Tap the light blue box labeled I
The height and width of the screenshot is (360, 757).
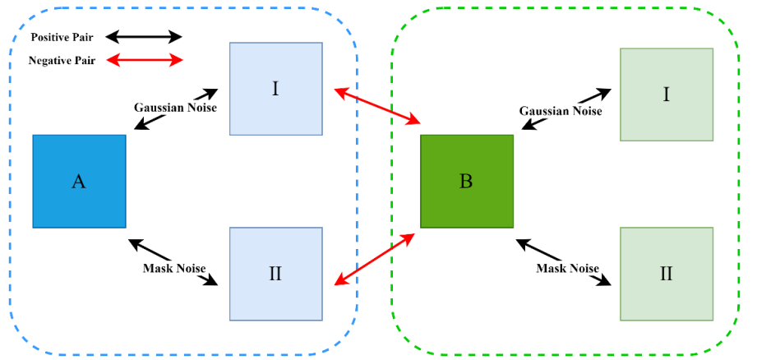click(275, 89)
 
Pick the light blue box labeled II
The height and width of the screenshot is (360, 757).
click(275, 273)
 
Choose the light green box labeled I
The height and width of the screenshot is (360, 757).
click(666, 95)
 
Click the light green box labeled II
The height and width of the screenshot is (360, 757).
click(666, 273)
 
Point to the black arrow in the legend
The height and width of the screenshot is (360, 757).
click(143, 37)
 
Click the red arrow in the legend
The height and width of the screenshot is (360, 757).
click(143, 60)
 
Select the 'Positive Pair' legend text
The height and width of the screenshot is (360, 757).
click(62, 37)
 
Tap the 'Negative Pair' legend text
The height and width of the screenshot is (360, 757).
click(62, 61)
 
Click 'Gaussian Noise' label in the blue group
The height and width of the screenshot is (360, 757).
click(175, 107)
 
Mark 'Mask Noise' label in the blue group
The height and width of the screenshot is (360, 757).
click(174, 268)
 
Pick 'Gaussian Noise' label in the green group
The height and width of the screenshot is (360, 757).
click(561, 111)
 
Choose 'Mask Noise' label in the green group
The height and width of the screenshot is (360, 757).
click(568, 268)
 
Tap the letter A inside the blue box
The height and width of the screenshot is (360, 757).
click(79, 182)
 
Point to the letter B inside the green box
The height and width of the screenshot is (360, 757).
click(466, 182)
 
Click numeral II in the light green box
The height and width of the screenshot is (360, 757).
click(666, 274)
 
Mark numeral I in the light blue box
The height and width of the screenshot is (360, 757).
click(275, 89)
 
